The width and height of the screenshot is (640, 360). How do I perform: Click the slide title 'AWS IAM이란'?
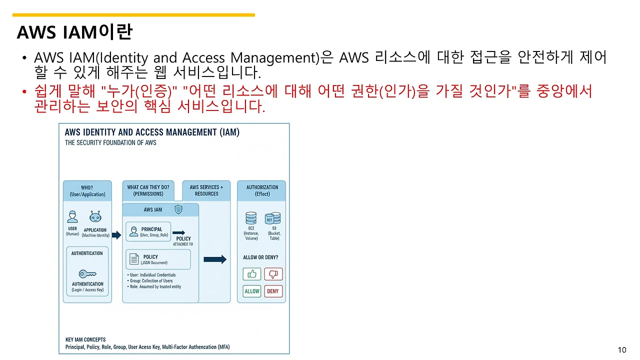74,32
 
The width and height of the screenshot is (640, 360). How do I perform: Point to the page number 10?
622,350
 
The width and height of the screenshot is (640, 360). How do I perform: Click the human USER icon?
72,217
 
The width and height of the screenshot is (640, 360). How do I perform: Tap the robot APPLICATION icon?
95,217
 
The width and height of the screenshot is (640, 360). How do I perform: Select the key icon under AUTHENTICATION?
87,274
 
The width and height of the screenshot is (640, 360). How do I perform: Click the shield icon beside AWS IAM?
178,209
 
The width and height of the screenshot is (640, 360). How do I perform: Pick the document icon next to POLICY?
134,259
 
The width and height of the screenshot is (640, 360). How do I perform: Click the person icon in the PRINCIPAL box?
133,231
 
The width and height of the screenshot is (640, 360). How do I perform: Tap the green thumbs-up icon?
252,274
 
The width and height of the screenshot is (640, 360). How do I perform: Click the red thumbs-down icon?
273,274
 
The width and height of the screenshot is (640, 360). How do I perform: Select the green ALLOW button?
252,291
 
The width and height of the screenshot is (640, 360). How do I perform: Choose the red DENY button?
273,291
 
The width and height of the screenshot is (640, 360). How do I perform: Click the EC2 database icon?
251,218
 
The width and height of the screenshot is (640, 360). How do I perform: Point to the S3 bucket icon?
273,218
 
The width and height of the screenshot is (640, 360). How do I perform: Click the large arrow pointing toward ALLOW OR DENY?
215,259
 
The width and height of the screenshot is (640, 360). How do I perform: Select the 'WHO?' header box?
87,191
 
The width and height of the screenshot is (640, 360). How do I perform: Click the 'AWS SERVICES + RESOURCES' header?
206,190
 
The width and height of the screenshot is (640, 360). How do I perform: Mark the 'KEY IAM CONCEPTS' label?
85,339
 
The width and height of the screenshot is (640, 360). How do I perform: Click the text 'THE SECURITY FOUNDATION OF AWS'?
110,142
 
